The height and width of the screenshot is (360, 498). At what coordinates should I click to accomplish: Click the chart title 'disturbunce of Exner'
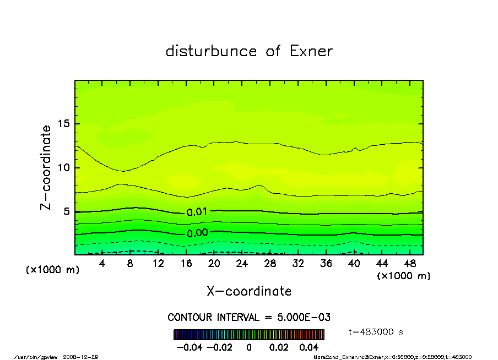coord(249,51)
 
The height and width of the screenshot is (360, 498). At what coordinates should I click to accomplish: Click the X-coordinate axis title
coord(249,291)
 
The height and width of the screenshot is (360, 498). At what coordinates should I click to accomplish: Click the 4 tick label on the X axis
coord(102,264)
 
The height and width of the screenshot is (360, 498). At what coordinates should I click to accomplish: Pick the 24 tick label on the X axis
coord(242,264)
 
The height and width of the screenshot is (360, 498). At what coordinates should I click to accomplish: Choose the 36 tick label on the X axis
coord(326,264)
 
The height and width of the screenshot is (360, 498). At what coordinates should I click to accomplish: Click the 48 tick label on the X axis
coord(410,264)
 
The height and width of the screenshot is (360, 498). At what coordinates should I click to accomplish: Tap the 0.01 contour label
coord(197,212)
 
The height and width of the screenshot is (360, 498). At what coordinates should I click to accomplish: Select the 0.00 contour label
coord(197,233)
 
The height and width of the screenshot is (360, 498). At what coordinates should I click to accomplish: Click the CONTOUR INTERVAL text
coord(248,318)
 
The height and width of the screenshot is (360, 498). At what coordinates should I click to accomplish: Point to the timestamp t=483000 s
coord(377,332)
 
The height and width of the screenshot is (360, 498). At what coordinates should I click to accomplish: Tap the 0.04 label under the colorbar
coord(309,347)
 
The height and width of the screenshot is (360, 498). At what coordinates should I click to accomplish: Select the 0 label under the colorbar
coord(249,347)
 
